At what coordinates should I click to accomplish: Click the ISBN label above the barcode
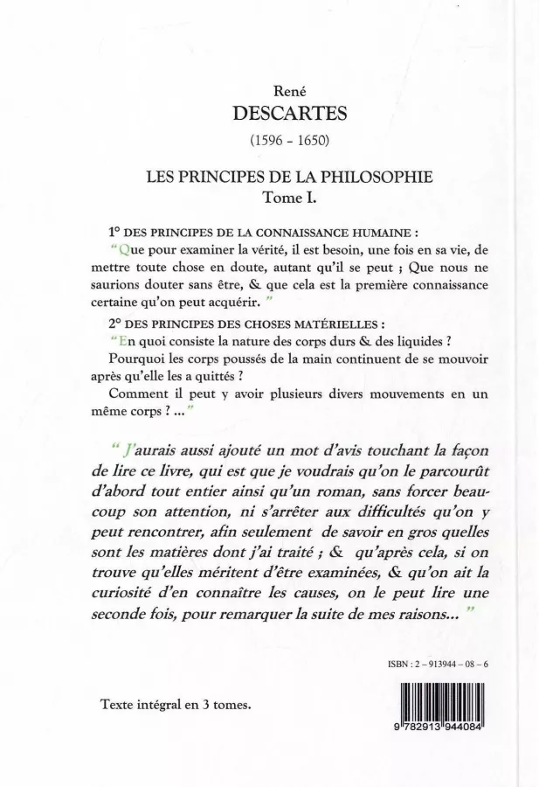pos(408,665)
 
